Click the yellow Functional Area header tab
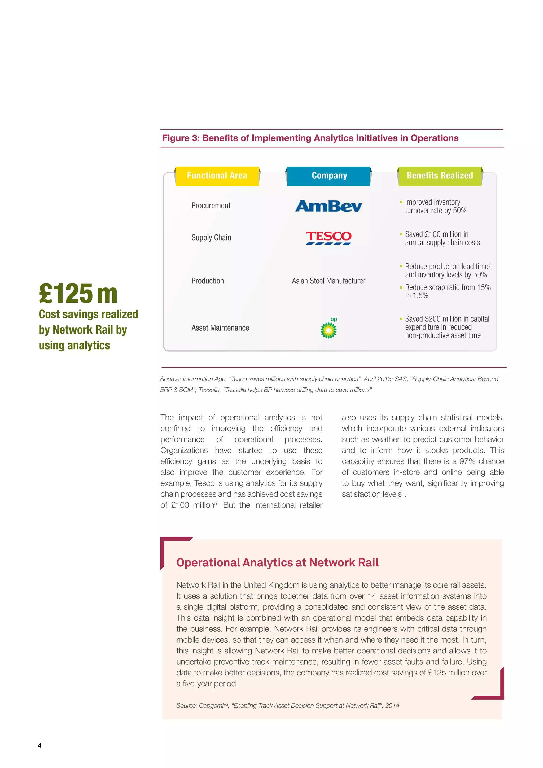tap(217, 176)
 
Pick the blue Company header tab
tap(329, 176)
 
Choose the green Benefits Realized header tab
tap(439, 176)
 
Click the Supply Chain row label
tap(211, 238)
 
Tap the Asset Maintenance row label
tap(220, 328)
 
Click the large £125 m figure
tap(78, 294)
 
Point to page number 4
tap(40, 745)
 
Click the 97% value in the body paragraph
tap(467, 461)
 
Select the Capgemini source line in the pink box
tap(288, 705)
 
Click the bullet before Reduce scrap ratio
tap(401, 287)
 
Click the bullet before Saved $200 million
tap(401, 319)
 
